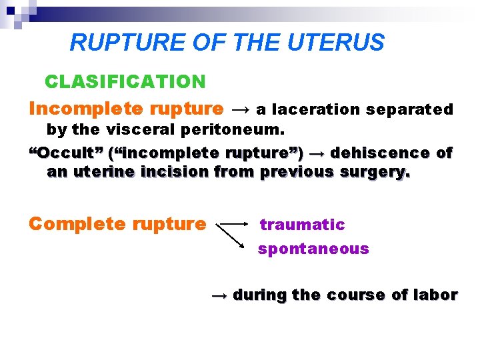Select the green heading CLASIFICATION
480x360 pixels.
pos(125,82)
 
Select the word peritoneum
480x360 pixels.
pos(237,128)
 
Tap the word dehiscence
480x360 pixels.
pos(380,153)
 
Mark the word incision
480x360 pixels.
pos(179,172)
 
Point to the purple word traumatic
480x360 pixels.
pos(302,225)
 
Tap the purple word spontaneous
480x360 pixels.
pos(313,249)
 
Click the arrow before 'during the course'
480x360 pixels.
pos(219,295)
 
